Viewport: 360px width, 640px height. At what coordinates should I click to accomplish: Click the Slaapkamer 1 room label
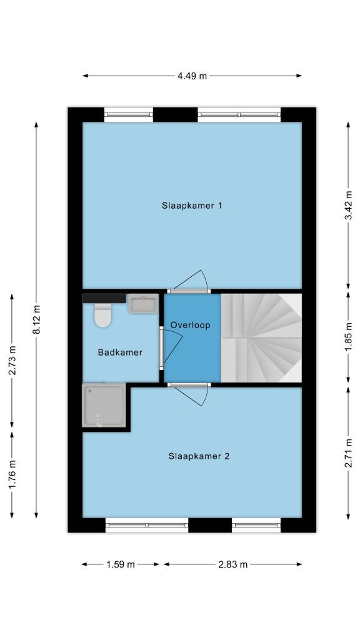tap(191, 206)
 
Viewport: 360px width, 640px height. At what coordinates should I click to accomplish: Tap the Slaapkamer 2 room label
tap(198, 456)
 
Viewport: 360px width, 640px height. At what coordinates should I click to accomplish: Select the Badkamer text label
tap(120, 352)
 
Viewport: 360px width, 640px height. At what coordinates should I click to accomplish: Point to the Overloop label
tap(190, 325)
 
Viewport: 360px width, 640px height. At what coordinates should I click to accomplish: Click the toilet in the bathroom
tap(103, 315)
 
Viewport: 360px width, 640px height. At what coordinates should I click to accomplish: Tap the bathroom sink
tap(143, 304)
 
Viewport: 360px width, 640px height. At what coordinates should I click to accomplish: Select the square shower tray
tap(104, 405)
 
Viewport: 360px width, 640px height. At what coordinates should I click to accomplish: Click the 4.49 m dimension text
tap(192, 76)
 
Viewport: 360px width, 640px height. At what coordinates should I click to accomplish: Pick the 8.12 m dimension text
tap(36, 319)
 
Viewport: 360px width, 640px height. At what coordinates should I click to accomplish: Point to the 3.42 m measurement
tap(348, 205)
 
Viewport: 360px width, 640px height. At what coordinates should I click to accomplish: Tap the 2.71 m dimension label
tap(348, 453)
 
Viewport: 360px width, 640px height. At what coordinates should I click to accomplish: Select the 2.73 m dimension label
tap(12, 360)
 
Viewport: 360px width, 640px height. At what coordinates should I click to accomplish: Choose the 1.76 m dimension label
tap(12, 474)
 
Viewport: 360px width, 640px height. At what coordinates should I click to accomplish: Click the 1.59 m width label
tap(121, 565)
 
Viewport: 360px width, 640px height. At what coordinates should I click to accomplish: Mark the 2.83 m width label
tap(232, 565)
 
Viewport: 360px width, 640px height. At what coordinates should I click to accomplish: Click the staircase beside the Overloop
tap(261, 338)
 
